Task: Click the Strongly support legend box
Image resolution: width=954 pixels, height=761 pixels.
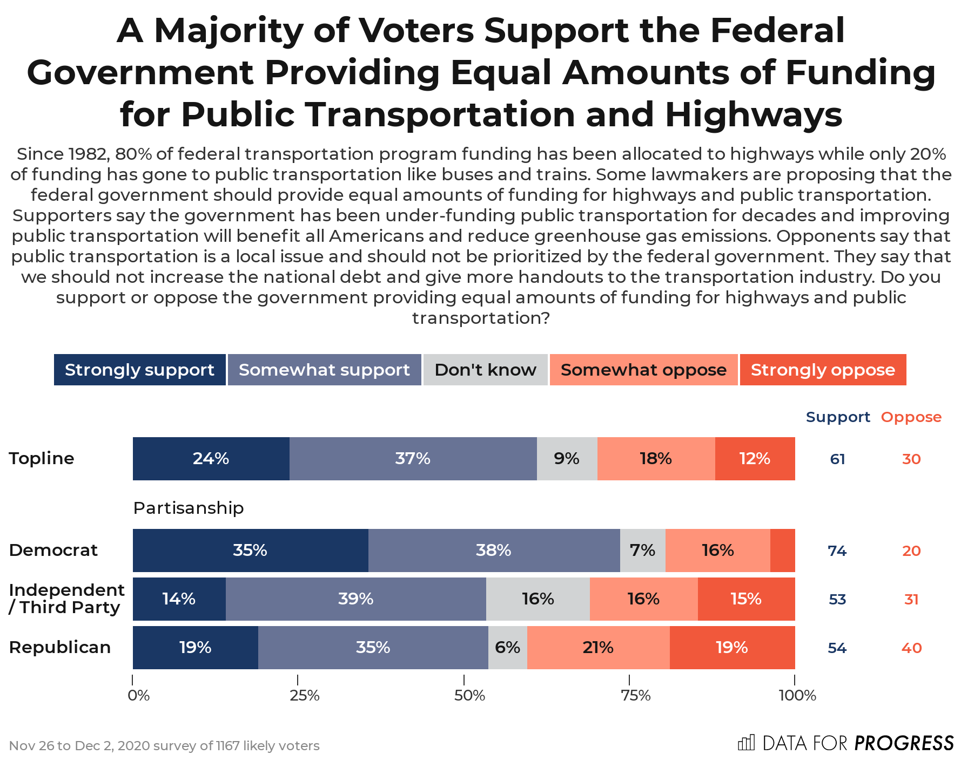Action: point(139,370)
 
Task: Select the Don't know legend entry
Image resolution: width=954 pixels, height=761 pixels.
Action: point(485,370)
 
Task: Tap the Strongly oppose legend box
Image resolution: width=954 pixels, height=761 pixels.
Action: point(822,370)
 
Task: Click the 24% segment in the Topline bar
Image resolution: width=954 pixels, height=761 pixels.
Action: point(211,459)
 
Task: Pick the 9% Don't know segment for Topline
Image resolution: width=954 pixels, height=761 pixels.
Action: point(567,459)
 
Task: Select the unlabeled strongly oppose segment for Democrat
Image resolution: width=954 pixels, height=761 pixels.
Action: point(782,551)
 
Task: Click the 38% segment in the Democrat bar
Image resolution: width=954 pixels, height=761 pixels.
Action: point(493,551)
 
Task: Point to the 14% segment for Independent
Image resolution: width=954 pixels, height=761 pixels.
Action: point(179,599)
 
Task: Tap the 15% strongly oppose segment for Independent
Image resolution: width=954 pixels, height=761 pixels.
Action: point(745,599)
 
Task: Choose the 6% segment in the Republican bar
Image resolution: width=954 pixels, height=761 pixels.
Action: point(507,648)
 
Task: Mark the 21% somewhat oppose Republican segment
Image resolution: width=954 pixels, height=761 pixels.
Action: point(598,648)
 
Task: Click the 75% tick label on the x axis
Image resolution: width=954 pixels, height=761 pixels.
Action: point(635,696)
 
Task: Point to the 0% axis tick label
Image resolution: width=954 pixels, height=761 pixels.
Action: point(139,696)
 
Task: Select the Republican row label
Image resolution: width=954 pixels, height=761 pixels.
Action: point(59,647)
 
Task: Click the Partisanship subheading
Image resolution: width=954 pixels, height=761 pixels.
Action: point(188,508)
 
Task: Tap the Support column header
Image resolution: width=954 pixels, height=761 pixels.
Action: point(837,417)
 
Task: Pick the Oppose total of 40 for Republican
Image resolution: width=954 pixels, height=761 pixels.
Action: point(911,648)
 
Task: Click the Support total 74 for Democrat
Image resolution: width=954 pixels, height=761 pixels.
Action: point(837,551)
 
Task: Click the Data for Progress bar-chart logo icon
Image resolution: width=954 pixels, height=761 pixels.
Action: point(746,743)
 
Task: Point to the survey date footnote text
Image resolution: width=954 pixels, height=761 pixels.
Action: point(164,746)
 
